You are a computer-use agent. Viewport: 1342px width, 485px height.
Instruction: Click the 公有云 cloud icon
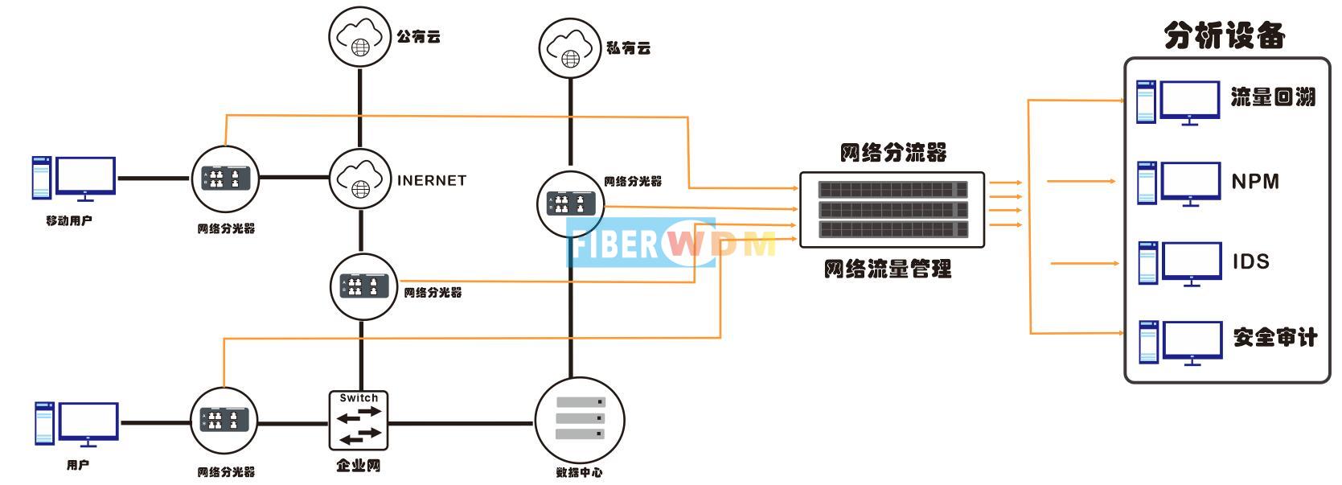(359, 36)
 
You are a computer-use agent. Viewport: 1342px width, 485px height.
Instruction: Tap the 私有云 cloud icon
(570, 48)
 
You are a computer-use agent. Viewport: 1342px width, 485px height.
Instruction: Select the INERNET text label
(431, 180)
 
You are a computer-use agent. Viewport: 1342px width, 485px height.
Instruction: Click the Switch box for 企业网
(359, 421)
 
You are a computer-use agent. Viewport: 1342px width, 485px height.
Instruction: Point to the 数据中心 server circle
(580, 421)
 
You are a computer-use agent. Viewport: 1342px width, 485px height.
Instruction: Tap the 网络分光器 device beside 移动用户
(225, 179)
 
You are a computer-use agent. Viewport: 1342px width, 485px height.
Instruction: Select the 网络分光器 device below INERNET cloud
(363, 286)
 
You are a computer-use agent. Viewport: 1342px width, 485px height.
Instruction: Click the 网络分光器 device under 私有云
(570, 204)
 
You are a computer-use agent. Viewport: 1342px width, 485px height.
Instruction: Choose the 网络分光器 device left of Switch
(224, 421)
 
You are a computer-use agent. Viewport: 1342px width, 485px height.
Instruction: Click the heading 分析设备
(1225, 36)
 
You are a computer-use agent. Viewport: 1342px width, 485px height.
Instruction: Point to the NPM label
(1255, 181)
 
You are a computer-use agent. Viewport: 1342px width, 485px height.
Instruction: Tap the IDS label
(1251, 261)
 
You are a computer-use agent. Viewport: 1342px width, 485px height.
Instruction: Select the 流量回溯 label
(1273, 97)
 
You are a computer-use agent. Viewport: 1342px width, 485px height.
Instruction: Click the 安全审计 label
(1275, 337)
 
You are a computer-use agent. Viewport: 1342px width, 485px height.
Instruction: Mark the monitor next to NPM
(1190, 183)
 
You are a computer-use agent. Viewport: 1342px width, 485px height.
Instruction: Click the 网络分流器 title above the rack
(893, 152)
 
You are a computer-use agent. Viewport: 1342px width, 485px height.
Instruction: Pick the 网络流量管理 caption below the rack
(887, 269)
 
